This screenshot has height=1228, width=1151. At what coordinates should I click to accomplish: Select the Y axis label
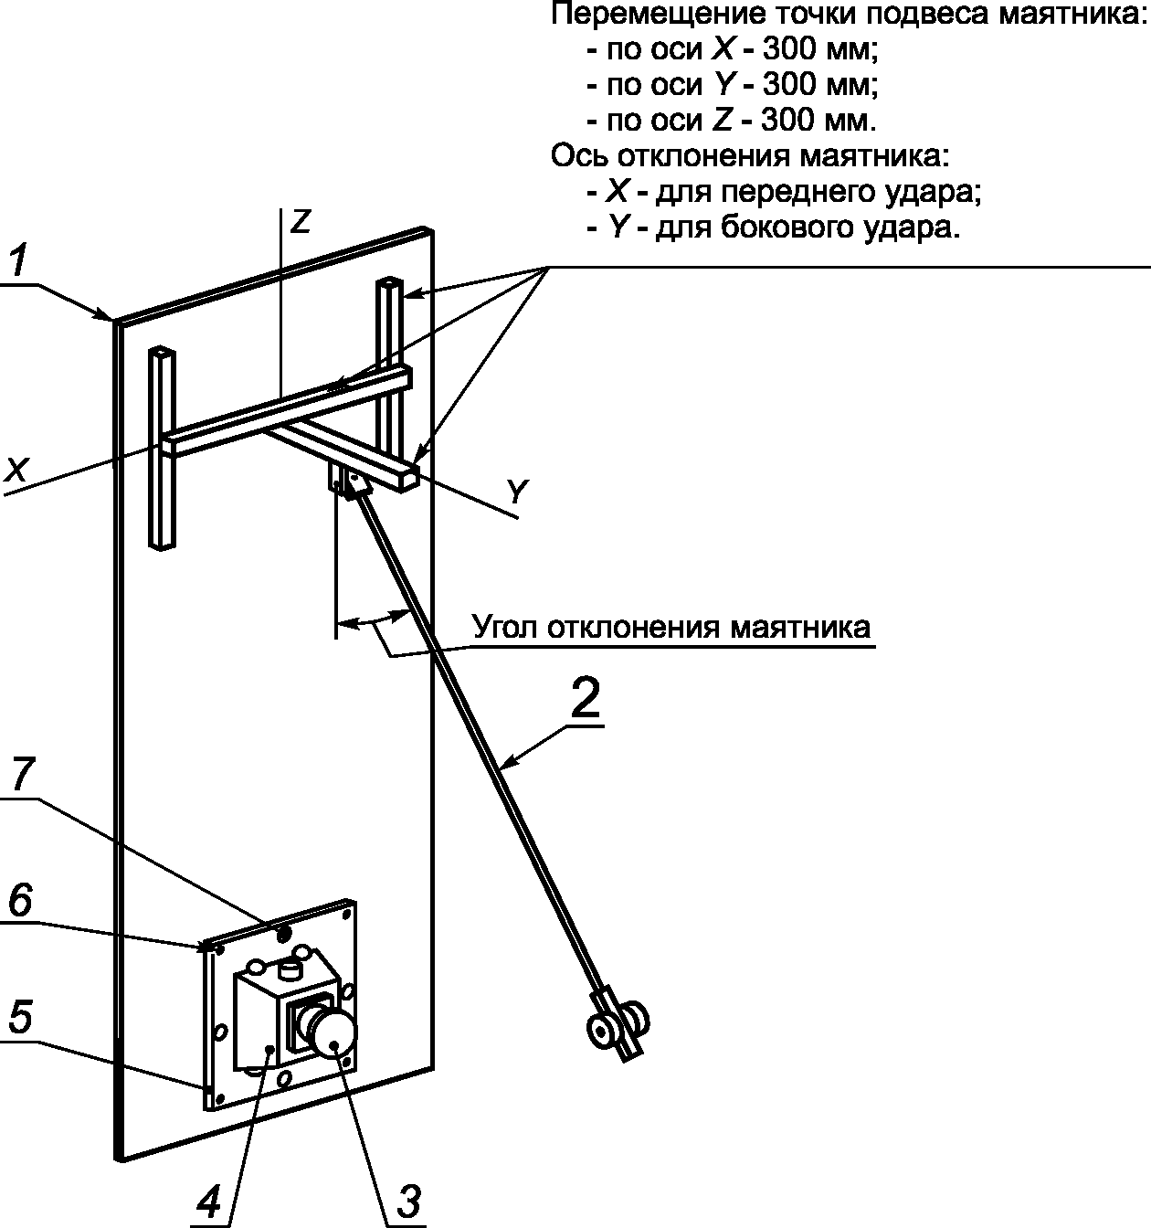pyautogui.click(x=518, y=492)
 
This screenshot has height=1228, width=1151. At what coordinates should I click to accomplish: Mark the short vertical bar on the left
pyautogui.click(x=162, y=449)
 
